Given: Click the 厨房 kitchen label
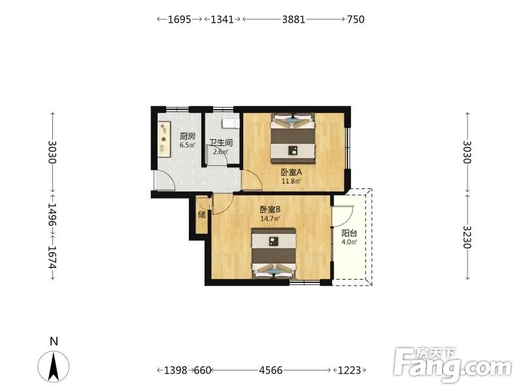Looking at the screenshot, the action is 188,136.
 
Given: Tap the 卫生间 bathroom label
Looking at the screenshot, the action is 221,142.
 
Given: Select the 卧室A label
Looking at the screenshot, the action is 291,172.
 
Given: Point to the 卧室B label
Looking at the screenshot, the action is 270,210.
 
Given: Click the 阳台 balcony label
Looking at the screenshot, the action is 349,233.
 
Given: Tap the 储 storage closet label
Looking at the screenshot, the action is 202,214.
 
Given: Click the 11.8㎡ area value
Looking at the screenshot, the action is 291,182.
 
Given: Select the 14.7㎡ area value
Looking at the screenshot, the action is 270,219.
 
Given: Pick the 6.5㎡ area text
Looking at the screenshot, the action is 188,145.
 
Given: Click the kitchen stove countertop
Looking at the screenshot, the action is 164,139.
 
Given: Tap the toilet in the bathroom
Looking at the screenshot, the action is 231,123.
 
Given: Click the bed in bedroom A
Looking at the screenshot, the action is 293,139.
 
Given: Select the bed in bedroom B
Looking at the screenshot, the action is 273,253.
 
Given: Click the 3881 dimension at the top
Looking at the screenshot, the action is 294,20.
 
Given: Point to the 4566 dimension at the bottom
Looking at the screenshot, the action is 271,370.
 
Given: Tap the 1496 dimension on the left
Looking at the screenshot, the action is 52,214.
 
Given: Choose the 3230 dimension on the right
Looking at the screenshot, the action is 467,237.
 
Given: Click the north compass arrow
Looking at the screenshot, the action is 54,366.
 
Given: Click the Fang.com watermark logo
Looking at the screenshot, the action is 453,365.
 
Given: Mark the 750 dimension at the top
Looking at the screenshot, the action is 356,20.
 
